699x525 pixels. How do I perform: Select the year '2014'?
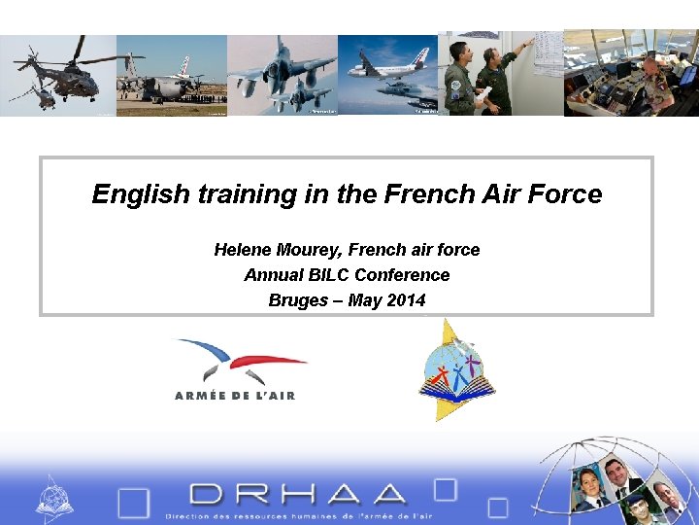(406, 300)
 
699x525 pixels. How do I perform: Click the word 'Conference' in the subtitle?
(402, 275)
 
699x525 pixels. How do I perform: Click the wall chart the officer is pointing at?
(547, 53)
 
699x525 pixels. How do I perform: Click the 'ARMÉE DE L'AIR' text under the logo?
(234, 395)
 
